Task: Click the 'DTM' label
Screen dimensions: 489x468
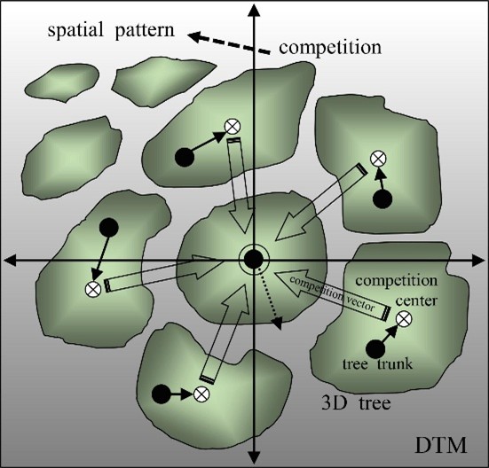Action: pos(440,445)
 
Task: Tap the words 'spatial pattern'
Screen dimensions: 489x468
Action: pos(111,31)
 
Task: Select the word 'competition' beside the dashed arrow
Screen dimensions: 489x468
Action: pos(330,48)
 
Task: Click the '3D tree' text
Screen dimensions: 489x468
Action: pos(356,403)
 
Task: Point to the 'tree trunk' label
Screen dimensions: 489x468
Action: pos(377,363)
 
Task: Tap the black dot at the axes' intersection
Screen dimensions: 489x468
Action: pos(254,260)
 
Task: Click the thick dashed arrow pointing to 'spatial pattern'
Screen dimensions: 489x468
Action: pos(229,43)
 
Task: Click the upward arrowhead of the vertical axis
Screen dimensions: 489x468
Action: pos(255,12)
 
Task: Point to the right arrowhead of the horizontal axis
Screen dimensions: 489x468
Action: pos(477,261)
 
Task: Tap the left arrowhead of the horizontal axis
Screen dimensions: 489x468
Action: pos(11,261)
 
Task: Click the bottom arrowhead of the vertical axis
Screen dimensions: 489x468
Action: pos(254,457)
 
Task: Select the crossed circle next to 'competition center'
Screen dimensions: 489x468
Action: pos(404,319)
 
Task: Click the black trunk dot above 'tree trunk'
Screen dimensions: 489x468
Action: pos(375,349)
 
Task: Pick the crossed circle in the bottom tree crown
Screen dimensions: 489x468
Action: pos(201,394)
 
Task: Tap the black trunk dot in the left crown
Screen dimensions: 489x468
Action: pos(108,227)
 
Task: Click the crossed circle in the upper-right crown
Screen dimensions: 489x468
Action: pos(378,159)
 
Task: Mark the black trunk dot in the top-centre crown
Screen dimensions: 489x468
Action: pos(185,157)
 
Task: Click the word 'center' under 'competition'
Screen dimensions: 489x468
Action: pos(416,300)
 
